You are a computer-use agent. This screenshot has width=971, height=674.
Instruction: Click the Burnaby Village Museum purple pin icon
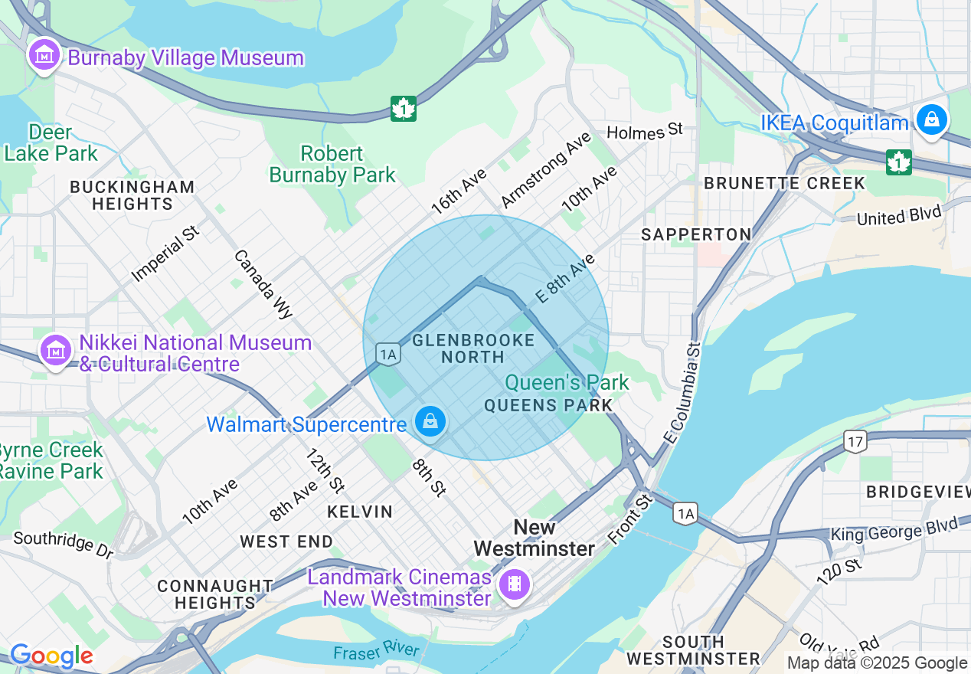pos(44,55)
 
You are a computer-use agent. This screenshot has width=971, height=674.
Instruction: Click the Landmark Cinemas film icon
pos(515,585)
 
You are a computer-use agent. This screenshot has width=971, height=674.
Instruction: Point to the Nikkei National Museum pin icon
pos(55,351)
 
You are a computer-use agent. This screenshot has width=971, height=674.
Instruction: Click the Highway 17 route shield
pos(855,440)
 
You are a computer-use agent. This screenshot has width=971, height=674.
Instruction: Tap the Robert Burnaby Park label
pos(332,165)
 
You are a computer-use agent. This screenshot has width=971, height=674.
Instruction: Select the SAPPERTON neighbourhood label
pos(696,234)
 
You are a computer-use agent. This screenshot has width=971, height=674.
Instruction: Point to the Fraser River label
pos(376,651)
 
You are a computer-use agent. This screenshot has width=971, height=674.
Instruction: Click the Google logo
pos(51,656)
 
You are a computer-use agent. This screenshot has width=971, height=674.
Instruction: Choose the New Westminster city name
pos(534,538)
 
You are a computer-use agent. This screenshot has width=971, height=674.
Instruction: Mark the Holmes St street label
pos(644,131)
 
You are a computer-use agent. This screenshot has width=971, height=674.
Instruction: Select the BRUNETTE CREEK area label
pos(784,184)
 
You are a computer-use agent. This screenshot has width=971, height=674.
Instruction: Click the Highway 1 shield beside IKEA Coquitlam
pos(898,162)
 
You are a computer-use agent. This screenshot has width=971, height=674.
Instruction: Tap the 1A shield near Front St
pos(685,514)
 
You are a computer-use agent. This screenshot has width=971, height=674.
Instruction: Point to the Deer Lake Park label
pos(51,143)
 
